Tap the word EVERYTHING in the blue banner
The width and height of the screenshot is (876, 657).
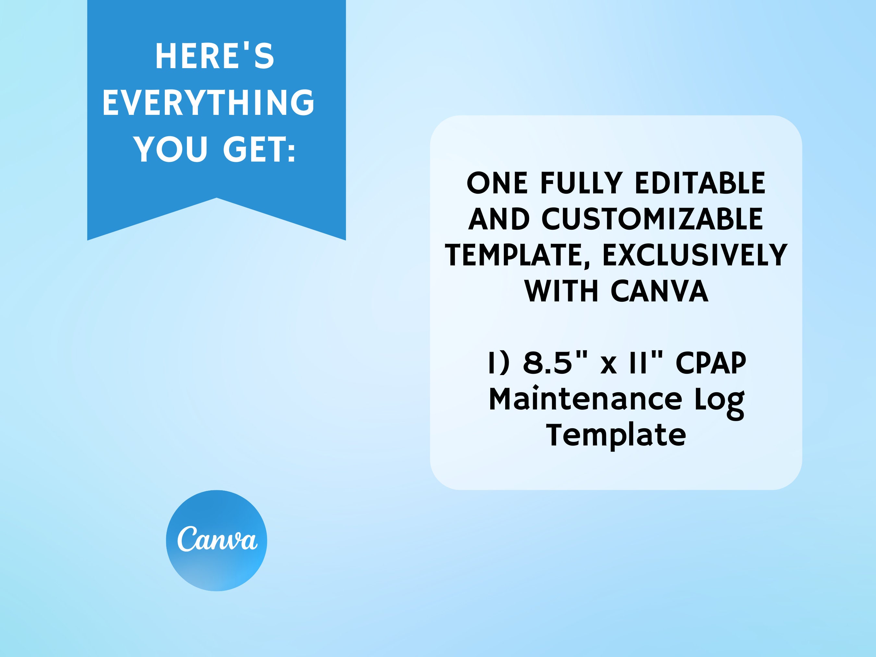coord(209,103)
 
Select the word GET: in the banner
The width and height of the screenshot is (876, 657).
coord(260,149)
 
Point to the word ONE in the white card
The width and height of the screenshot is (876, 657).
coord(497,183)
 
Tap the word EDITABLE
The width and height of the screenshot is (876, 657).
coord(700,183)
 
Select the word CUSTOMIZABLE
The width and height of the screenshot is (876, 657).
coord(652,219)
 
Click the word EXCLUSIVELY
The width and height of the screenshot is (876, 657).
coord(695,255)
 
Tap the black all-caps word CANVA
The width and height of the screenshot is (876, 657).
coord(659,291)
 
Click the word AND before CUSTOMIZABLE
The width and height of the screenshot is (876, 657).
coord(499,219)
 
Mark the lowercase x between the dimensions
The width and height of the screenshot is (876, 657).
coord(609,365)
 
